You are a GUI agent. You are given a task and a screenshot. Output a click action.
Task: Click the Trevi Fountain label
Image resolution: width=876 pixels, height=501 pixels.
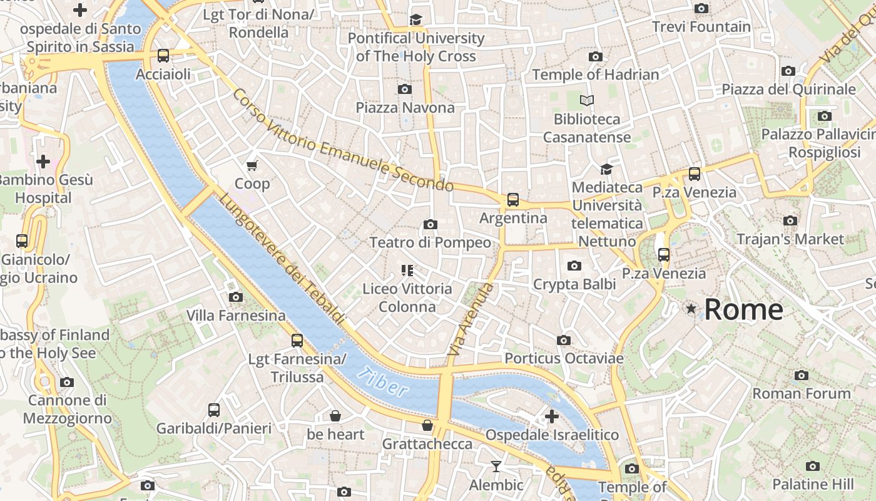[x=701, y=27]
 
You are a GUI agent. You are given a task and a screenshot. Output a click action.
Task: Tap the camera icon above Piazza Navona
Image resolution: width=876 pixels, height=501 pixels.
[x=405, y=89]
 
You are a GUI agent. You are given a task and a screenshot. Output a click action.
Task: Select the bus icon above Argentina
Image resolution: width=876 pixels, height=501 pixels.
[x=513, y=200]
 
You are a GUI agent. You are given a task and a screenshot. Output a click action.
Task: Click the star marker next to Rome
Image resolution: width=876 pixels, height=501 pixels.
[x=691, y=309]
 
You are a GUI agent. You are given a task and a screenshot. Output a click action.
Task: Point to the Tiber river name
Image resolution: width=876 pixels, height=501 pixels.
[x=383, y=383]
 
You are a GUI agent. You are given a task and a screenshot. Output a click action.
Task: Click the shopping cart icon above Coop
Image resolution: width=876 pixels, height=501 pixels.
[x=252, y=165]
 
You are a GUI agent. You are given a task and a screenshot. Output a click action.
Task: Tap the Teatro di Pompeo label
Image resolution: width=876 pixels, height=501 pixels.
[x=430, y=242]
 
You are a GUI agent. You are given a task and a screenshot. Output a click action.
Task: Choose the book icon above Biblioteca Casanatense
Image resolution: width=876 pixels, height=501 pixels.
[x=586, y=100]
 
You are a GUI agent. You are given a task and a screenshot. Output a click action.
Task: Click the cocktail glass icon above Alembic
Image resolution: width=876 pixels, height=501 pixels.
[x=496, y=467]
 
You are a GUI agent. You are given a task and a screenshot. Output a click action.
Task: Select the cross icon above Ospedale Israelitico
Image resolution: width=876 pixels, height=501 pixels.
[x=551, y=416]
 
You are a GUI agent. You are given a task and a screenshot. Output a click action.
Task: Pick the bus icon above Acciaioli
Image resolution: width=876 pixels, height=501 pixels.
[x=163, y=56]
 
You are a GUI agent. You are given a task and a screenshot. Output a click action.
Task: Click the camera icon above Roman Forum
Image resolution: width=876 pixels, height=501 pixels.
[x=801, y=375]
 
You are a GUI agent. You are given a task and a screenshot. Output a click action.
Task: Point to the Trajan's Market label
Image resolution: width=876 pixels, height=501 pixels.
[x=790, y=239]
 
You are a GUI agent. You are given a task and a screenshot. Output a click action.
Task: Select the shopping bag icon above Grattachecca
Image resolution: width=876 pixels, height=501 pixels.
[x=427, y=425]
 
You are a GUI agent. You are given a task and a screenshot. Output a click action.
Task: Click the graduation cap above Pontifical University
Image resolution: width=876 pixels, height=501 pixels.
[x=415, y=20]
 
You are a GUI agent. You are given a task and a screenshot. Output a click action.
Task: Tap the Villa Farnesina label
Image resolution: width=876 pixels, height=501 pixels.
[x=236, y=315]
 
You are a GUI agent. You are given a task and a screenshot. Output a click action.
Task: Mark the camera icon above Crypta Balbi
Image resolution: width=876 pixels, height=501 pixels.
[x=574, y=266]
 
